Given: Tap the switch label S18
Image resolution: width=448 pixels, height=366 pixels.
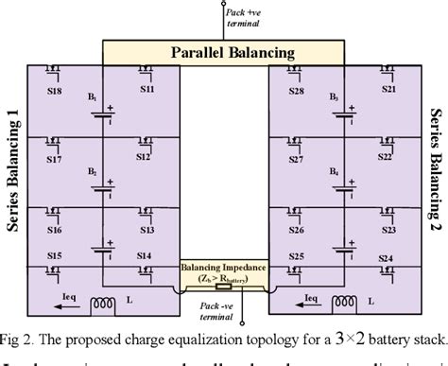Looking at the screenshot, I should point(56,93).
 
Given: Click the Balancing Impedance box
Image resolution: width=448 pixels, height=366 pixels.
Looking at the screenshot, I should point(223,273).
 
